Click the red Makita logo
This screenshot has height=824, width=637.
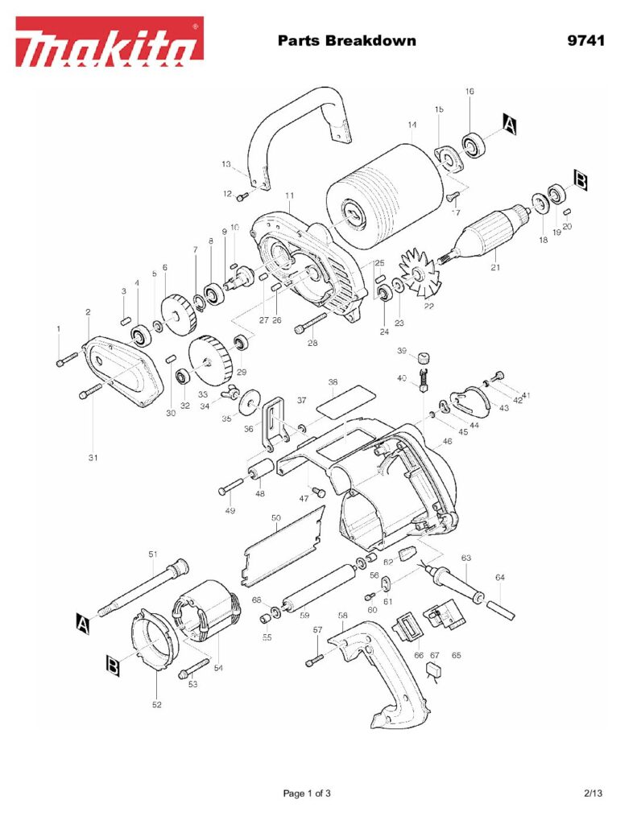[109, 42]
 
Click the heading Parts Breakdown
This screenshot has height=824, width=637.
[346, 40]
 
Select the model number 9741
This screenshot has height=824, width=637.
[585, 40]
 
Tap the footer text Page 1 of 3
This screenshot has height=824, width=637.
[307, 793]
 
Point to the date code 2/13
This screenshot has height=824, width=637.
[593, 793]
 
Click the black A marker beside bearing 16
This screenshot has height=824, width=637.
[510, 123]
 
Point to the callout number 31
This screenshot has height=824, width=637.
[93, 458]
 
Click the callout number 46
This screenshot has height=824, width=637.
[447, 442]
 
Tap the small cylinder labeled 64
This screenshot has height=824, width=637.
[501, 603]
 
